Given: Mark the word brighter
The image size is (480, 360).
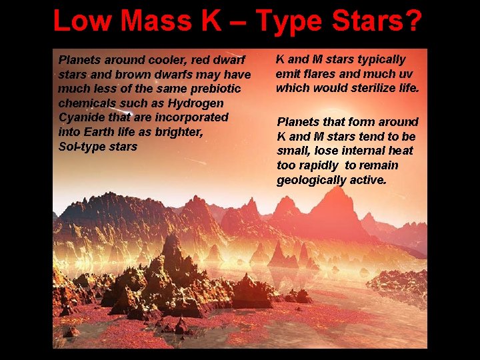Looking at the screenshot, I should [x=178, y=132].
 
